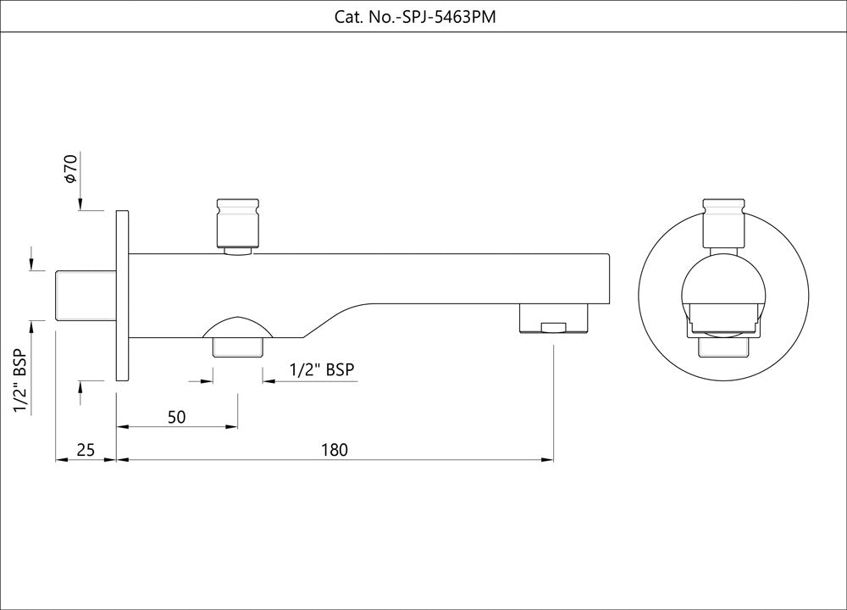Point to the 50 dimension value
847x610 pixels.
point(176,417)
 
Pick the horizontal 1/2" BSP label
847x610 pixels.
point(321,369)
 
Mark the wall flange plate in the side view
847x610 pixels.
point(121,295)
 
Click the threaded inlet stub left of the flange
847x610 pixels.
point(85,295)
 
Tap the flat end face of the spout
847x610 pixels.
point(609,278)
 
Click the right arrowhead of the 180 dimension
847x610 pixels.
point(548,460)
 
